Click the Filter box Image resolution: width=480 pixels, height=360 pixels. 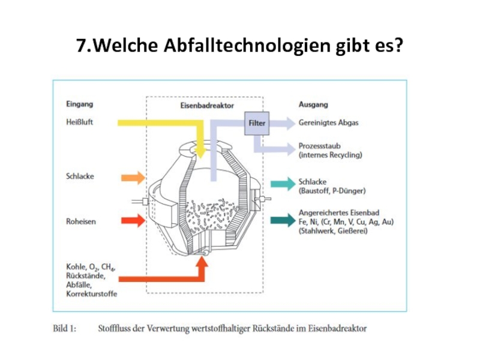tap(257, 124)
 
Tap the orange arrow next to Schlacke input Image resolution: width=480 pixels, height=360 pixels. tap(133, 178)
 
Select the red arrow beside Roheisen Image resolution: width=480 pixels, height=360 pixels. tap(133, 221)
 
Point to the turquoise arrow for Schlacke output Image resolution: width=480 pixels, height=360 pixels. tap(283, 184)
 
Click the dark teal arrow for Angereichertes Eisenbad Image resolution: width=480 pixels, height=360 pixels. tap(283, 220)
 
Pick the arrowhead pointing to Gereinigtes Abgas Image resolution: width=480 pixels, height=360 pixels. tap(290, 124)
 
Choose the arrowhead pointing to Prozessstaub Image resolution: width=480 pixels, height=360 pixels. tap(290, 149)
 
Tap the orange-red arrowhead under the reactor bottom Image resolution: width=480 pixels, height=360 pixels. tap(202, 262)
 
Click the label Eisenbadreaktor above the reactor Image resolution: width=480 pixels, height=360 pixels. tap(207, 106)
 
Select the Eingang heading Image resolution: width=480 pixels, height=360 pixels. tap(80, 104)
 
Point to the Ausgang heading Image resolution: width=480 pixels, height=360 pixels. tap(313, 104)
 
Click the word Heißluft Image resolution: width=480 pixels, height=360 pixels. tap(80, 122)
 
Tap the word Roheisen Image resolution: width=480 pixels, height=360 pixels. tap(81, 221)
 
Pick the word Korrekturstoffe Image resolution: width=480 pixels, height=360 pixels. tap(92, 294)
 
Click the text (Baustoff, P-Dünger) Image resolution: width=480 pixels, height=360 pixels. tap(332, 191)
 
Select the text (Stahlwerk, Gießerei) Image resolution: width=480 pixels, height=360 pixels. tap(333, 231)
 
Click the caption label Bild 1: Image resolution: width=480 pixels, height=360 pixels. tap(65, 328)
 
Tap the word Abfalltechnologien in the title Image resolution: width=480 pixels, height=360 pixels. tap(247, 46)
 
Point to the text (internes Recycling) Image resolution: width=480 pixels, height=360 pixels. tap(331, 155)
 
